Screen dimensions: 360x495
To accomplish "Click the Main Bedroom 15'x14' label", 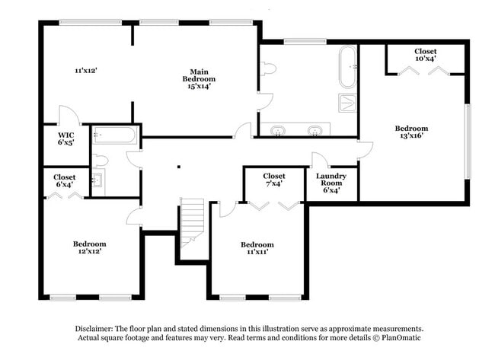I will coord(198,78).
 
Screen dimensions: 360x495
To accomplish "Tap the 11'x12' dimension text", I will coord(85,70).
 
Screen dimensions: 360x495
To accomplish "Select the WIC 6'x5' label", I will coord(65,139).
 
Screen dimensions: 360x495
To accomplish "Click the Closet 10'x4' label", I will coord(425,56).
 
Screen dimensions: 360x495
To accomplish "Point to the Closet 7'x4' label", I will coord(273,180).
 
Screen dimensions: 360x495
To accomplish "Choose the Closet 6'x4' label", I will coord(64,180).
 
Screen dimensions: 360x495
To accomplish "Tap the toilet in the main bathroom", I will coord(267,68).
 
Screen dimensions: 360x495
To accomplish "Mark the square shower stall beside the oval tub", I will coord(347,103).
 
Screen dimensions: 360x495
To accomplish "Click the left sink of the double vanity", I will coord(279,130).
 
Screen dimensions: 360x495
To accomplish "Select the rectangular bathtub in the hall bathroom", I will coord(116,135).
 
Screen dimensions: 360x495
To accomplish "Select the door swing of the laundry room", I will coord(320,160).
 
